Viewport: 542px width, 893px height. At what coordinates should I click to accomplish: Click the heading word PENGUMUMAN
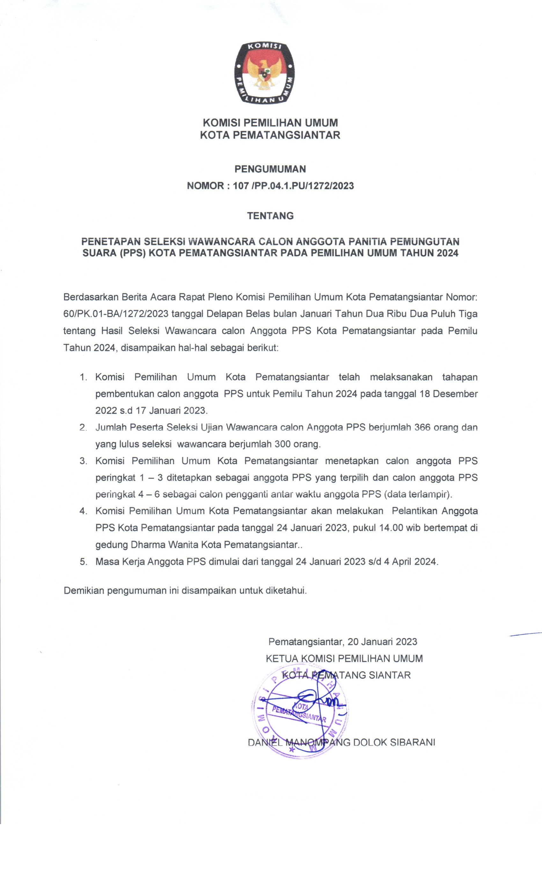[270, 169]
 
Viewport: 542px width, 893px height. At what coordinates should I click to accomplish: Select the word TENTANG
[270, 216]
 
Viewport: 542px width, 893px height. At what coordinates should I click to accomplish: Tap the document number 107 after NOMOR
[241, 186]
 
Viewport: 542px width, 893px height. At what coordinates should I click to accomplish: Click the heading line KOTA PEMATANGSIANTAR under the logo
[270, 135]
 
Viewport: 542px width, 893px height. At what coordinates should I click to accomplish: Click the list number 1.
[83, 377]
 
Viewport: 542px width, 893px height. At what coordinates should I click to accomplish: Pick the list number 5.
[83, 562]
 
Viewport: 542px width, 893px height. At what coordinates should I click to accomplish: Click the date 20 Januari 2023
[382, 642]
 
